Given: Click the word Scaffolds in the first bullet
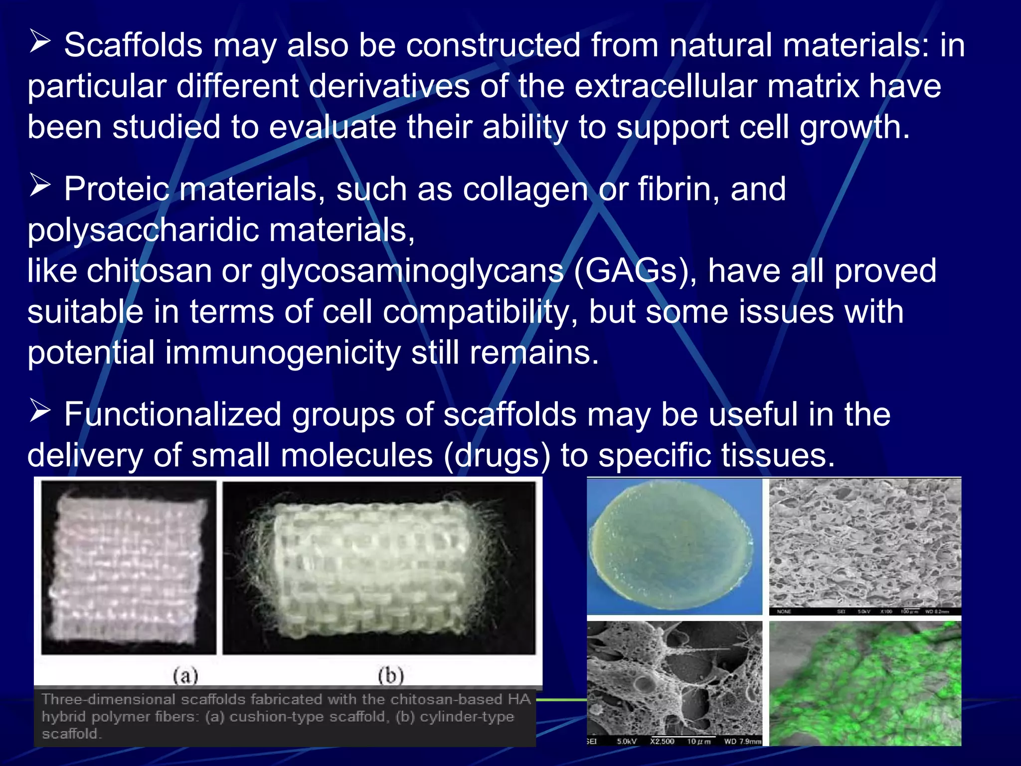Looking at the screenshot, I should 133,45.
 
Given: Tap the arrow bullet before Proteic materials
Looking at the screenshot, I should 40,185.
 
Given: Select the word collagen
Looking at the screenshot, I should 525,190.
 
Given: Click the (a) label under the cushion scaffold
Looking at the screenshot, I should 185,676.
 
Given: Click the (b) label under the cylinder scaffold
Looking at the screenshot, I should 390,676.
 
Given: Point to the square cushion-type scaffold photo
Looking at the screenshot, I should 129,567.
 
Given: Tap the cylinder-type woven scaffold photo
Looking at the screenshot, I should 379,567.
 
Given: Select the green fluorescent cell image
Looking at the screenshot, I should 865,683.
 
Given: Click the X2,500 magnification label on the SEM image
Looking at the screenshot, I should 662,742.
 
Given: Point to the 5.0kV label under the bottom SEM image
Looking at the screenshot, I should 626,742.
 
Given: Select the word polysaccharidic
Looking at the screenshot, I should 143,231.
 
